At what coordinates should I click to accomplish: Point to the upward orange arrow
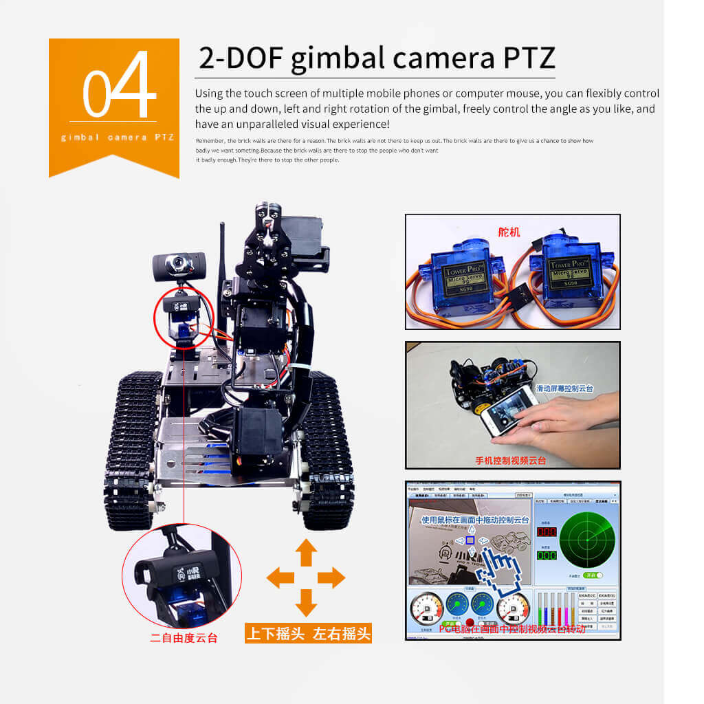[x=306, y=553]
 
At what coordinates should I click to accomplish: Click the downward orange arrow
[x=306, y=603]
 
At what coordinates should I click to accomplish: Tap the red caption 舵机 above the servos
[x=509, y=232]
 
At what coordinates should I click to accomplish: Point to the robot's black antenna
[x=222, y=275]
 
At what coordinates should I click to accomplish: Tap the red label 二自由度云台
[x=184, y=638]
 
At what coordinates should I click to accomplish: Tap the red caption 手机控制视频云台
[x=510, y=461]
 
